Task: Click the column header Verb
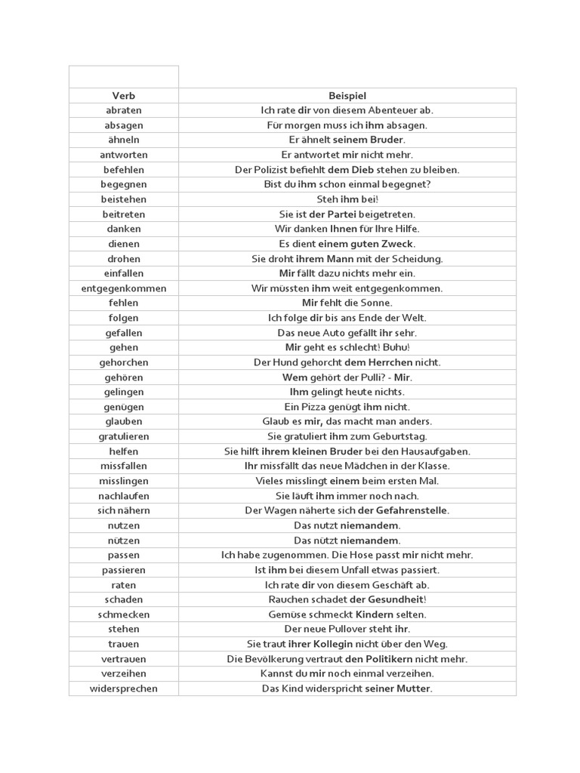tap(124, 96)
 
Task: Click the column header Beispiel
tap(347, 96)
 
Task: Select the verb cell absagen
tap(124, 125)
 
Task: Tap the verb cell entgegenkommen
tap(124, 288)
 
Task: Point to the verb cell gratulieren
tap(124, 436)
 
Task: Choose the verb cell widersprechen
tap(124, 688)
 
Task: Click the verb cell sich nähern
tap(124, 510)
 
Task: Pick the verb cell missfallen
tap(124, 466)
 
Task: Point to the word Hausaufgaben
tap(436, 451)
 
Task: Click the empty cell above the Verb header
tap(124, 77)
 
